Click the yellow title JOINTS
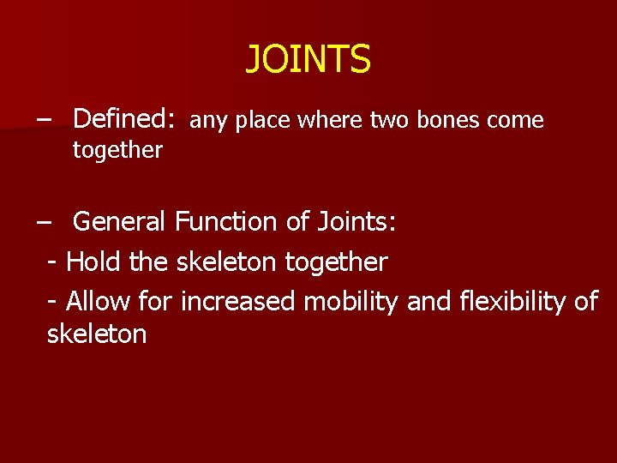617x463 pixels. (308, 60)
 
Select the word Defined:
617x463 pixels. (125, 119)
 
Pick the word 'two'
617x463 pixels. (390, 120)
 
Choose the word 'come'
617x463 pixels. (515, 121)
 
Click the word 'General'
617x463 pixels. (120, 222)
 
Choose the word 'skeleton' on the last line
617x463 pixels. (97, 334)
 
